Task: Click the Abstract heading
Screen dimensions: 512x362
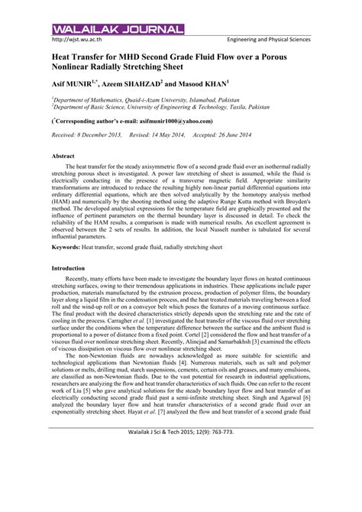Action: tap(63, 155)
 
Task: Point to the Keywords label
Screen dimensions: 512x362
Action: tap(67, 248)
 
